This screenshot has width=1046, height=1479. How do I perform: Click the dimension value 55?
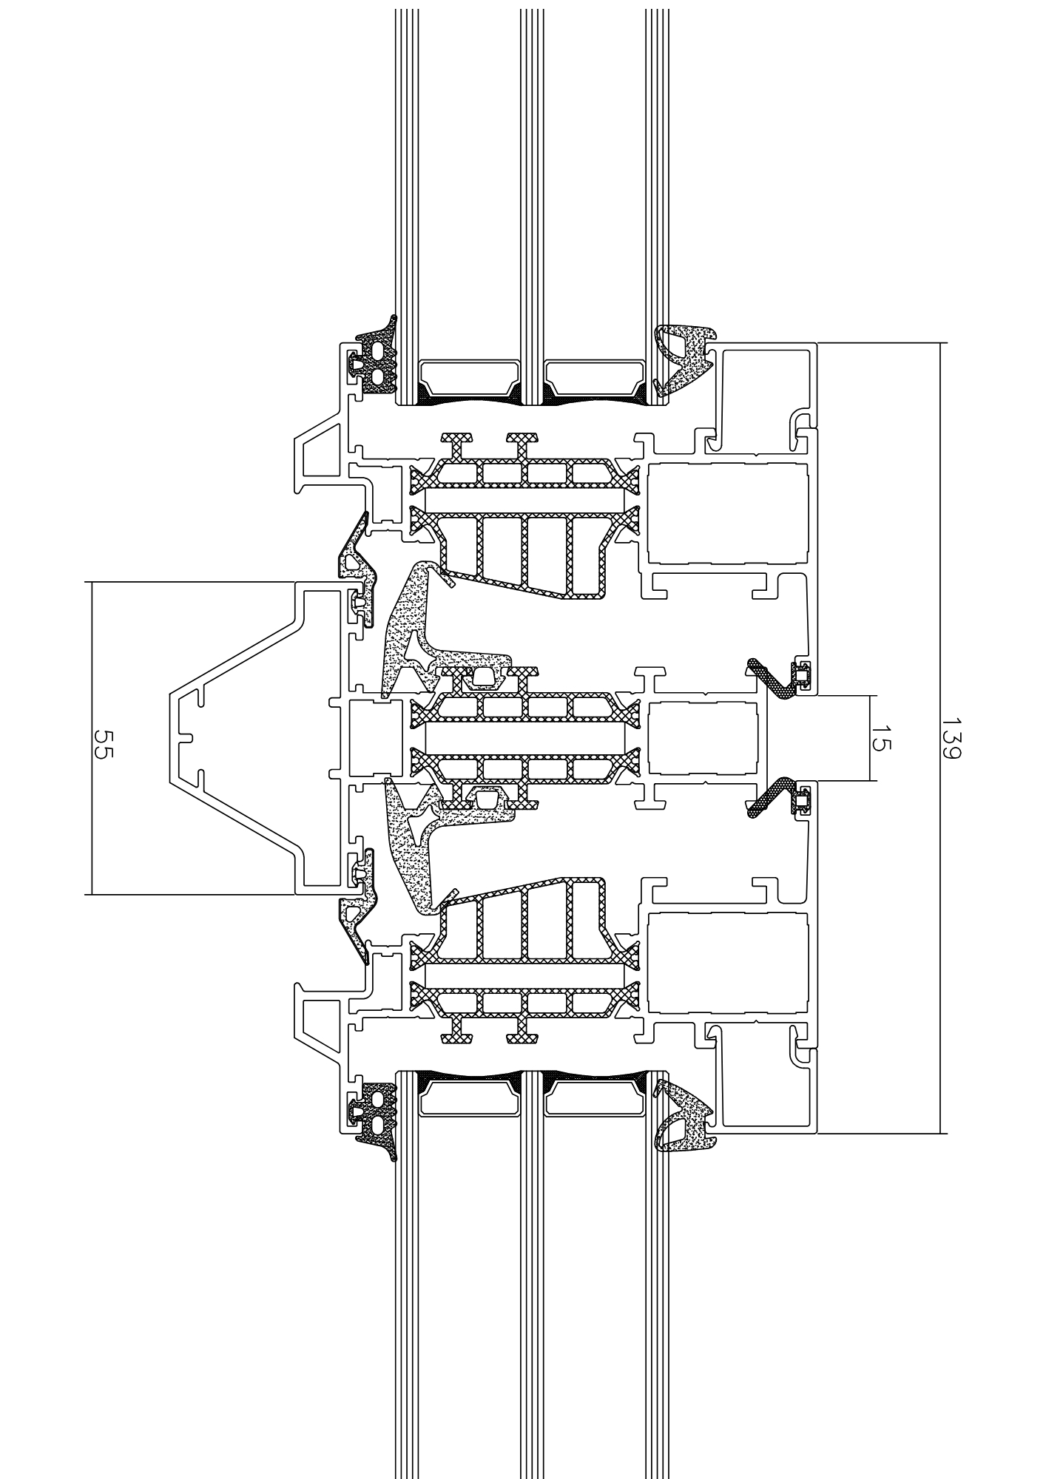(102, 739)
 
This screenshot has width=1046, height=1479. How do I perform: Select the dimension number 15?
(881, 739)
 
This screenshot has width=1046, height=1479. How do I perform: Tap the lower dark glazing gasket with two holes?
(377, 1117)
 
